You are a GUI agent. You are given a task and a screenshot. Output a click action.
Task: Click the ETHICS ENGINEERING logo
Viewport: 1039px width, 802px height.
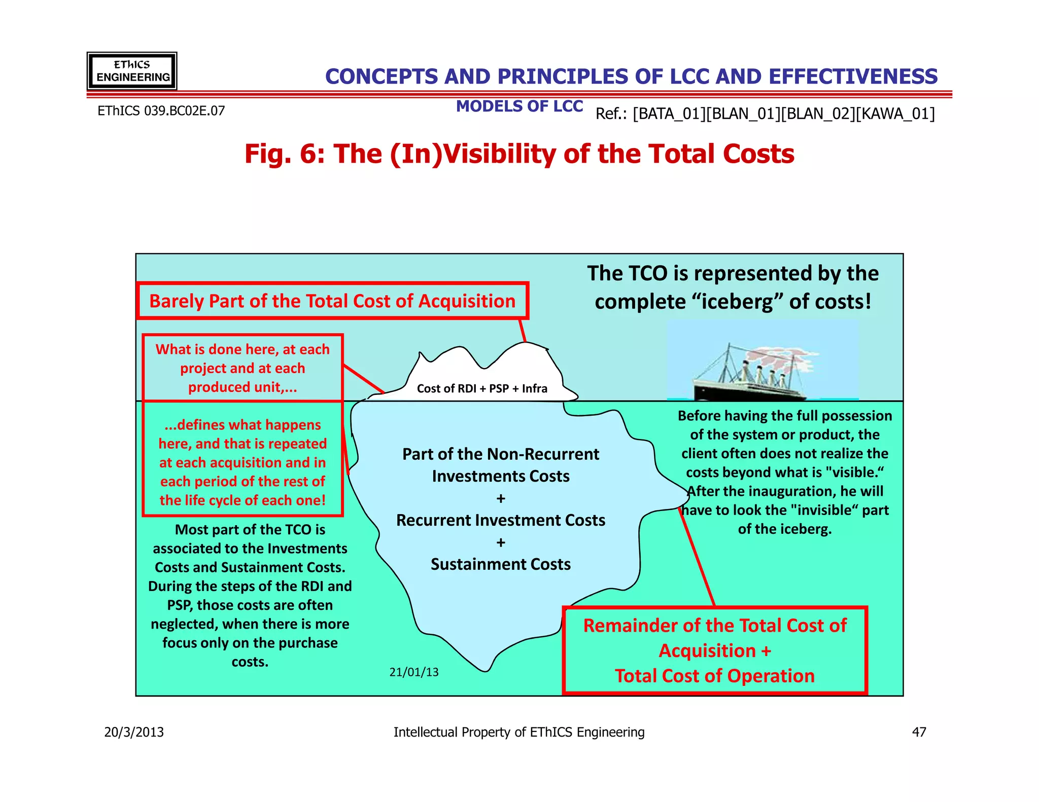(x=132, y=71)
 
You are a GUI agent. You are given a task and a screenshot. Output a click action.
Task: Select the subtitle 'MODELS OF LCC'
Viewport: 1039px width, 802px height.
(x=519, y=106)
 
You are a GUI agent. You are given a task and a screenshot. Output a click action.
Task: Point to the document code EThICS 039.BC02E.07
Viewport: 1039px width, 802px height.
(x=161, y=111)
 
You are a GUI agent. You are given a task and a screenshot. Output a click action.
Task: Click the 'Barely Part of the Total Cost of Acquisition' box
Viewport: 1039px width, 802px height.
(x=332, y=301)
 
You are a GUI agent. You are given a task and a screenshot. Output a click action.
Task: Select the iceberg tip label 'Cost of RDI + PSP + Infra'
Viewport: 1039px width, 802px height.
(x=482, y=389)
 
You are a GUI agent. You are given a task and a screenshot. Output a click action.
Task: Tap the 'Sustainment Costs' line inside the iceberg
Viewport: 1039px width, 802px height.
(x=501, y=564)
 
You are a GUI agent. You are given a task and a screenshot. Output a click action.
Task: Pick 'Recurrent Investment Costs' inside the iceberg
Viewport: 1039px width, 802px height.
(x=501, y=520)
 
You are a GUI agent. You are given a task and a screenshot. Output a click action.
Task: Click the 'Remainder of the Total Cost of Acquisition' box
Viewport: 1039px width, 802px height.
(x=714, y=650)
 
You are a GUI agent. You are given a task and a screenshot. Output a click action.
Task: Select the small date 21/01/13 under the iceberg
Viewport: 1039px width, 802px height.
(x=414, y=672)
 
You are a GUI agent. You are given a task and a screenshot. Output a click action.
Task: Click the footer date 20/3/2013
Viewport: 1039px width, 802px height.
(x=134, y=732)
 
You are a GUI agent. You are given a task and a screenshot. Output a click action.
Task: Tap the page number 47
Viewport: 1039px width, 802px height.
(x=919, y=732)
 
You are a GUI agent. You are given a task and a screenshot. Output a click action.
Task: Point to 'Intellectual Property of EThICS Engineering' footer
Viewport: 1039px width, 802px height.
(x=519, y=732)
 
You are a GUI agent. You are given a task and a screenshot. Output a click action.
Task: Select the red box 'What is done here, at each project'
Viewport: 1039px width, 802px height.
(x=243, y=368)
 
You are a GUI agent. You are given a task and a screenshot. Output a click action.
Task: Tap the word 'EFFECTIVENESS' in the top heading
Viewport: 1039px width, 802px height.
(x=853, y=77)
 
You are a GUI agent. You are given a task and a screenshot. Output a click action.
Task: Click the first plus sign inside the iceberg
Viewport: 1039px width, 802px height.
(x=501, y=499)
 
